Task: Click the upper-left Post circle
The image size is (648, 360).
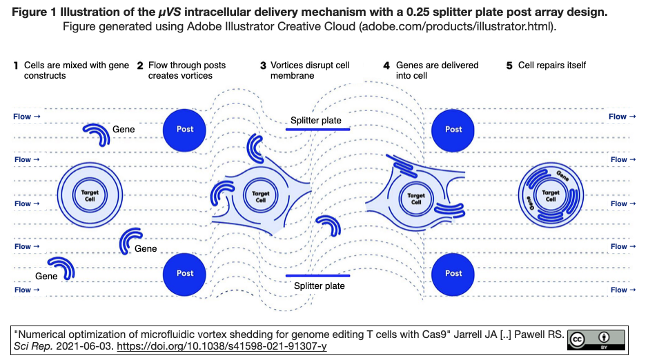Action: [185, 129]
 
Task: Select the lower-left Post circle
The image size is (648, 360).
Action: [185, 273]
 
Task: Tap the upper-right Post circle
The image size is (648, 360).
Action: [453, 129]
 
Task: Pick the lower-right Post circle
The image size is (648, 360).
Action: [453, 273]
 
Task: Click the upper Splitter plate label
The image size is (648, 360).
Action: [315, 121]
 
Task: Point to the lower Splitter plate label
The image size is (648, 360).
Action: [319, 286]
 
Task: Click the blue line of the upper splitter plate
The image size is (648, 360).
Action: [318, 129]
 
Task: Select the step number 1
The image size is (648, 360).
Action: [16, 66]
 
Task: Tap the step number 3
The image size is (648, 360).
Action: [263, 66]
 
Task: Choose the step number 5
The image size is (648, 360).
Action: [509, 66]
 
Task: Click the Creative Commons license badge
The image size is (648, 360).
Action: [596, 339]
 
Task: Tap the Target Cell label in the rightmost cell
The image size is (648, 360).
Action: [551, 196]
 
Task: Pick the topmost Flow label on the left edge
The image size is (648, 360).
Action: [26, 117]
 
